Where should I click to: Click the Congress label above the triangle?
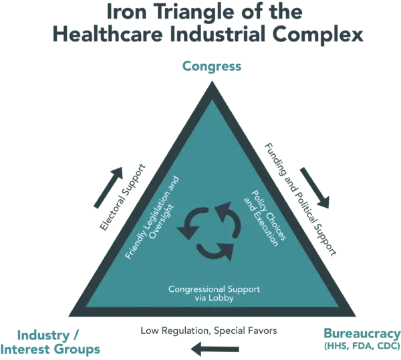(212, 66)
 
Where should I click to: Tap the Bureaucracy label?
(362, 333)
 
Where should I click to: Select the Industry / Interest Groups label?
(50, 343)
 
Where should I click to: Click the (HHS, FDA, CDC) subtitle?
(362, 346)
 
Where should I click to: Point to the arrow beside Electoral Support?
(108, 187)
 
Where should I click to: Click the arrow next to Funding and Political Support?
(315, 188)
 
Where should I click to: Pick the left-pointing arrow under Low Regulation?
(215, 349)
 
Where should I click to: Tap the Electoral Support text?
(122, 197)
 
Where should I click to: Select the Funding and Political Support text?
(300, 200)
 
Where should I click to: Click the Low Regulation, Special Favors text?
(209, 331)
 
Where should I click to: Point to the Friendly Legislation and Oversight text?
(152, 218)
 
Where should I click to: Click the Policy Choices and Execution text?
(265, 218)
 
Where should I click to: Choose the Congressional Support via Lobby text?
(214, 294)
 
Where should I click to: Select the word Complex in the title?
(317, 35)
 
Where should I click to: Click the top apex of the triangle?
(212, 81)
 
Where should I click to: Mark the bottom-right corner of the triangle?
(356, 317)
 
